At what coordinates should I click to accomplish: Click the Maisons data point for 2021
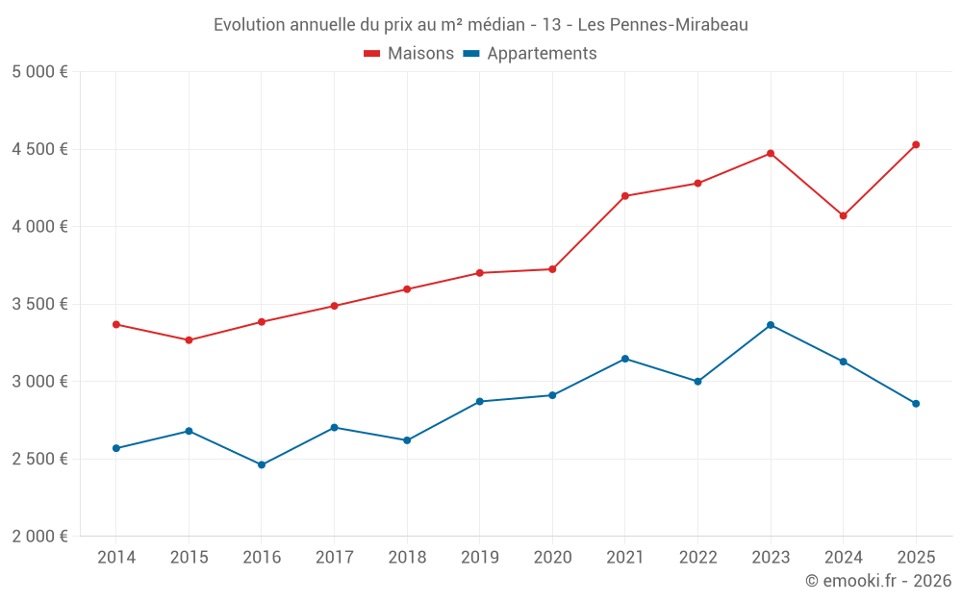point(625,196)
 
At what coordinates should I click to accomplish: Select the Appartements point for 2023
point(771,325)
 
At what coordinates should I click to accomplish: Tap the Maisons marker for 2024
point(844,215)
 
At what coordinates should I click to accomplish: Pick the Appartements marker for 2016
point(262,464)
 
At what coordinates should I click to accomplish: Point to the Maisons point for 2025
point(916,145)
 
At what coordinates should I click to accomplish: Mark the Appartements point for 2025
point(916,404)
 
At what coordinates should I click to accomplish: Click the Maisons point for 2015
point(189,340)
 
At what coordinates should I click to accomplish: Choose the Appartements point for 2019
point(480,401)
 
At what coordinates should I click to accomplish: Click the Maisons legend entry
point(409,54)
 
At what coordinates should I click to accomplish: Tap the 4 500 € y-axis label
point(39,149)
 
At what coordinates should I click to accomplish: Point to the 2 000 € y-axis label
point(39,537)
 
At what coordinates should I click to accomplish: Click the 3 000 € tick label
point(39,382)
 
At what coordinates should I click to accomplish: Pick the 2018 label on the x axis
point(407,558)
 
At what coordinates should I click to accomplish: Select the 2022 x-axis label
point(698,558)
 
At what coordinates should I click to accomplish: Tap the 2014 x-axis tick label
point(116,558)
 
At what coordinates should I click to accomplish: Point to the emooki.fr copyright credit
point(878,581)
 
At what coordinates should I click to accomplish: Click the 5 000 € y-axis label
point(39,72)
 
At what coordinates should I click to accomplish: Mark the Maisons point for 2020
point(552,269)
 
